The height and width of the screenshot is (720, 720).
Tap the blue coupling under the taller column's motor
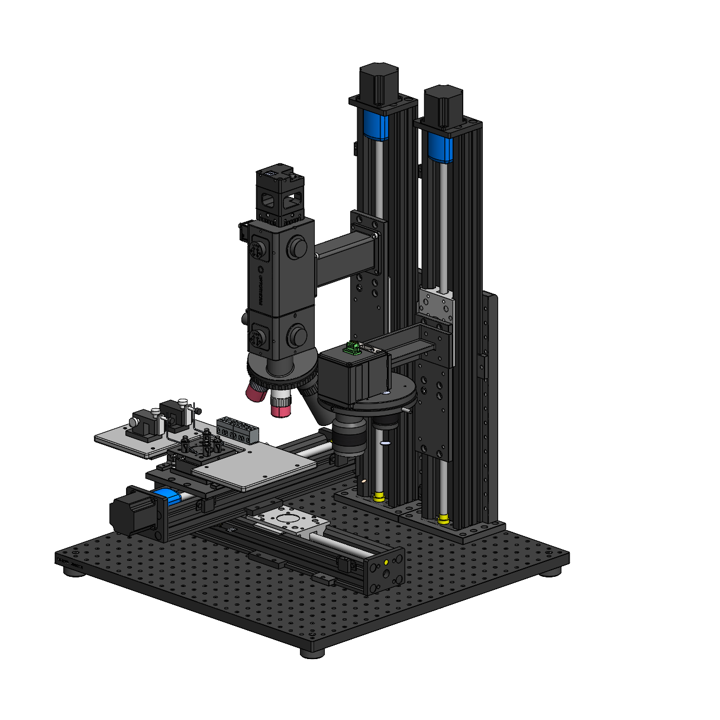click(x=374, y=125)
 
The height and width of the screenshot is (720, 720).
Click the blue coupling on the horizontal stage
click(x=166, y=497)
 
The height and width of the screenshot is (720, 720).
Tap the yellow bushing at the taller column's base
click(x=379, y=496)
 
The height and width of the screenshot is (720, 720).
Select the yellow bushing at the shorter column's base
click(x=443, y=520)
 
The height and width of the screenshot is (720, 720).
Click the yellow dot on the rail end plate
click(x=386, y=561)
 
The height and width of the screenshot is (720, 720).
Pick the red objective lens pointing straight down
click(x=281, y=405)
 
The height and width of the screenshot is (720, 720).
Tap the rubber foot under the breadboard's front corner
click(x=312, y=653)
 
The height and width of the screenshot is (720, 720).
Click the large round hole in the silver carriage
click(x=288, y=519)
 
